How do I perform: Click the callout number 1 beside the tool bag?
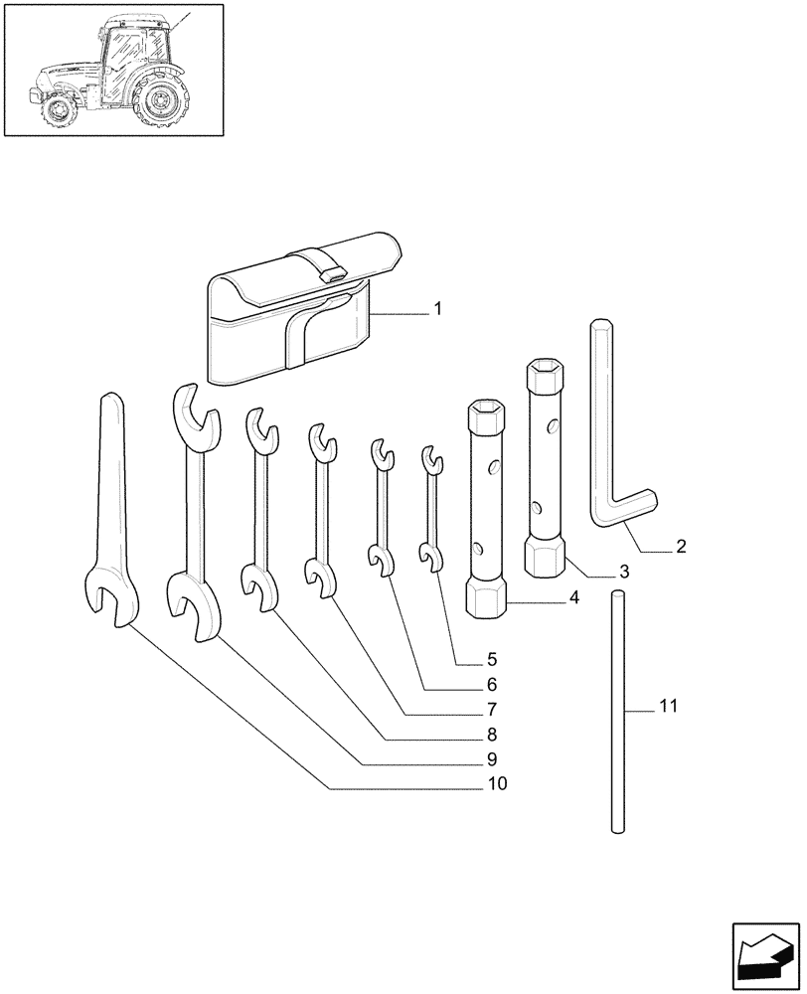point(435,311)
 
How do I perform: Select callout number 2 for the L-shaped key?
point(680,546)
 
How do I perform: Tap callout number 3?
point(623,572)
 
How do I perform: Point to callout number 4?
point(574,599)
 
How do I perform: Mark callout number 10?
point(496,784)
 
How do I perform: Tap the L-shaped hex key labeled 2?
point(608,437)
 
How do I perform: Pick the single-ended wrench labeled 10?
point(110,517)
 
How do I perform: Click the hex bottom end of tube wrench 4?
point(486,600)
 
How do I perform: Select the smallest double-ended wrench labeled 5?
point(430,512)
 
